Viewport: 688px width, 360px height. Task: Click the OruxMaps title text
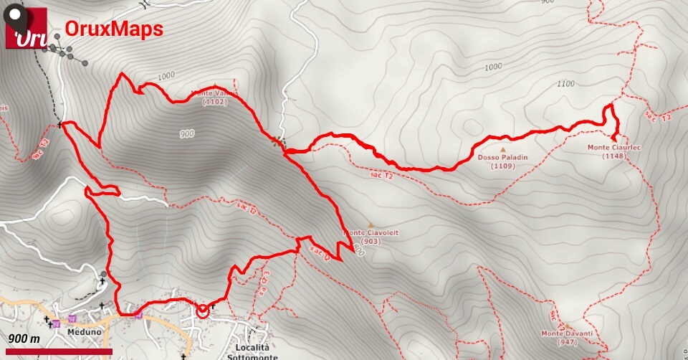pos(114,28)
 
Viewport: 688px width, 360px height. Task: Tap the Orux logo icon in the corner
pos(26,29)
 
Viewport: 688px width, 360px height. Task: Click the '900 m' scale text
pos(24,338)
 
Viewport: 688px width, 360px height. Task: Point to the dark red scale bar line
pos(57,351)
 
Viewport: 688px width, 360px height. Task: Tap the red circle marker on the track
pos(202,311)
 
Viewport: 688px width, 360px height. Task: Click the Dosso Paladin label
pos(502,157)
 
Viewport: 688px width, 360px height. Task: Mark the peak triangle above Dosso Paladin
pos(502,149)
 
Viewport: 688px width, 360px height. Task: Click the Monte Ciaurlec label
pos(614,148)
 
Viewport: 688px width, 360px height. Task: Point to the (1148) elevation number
pos(614,156)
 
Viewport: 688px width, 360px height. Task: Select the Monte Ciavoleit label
pos(372,232)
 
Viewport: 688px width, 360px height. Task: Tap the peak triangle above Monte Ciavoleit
pos(371,224)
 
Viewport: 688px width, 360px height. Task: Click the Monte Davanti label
pos(567,333)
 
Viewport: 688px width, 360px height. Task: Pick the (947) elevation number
pos(567,342)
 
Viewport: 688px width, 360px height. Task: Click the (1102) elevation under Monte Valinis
pos(215,102)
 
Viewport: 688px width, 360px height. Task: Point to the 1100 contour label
pos(565,84)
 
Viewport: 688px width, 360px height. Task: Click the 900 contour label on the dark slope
pos(186,133)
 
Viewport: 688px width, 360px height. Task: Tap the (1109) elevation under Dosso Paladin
pos(502,166)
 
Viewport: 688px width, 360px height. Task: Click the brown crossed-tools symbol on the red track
pos(276,141)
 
